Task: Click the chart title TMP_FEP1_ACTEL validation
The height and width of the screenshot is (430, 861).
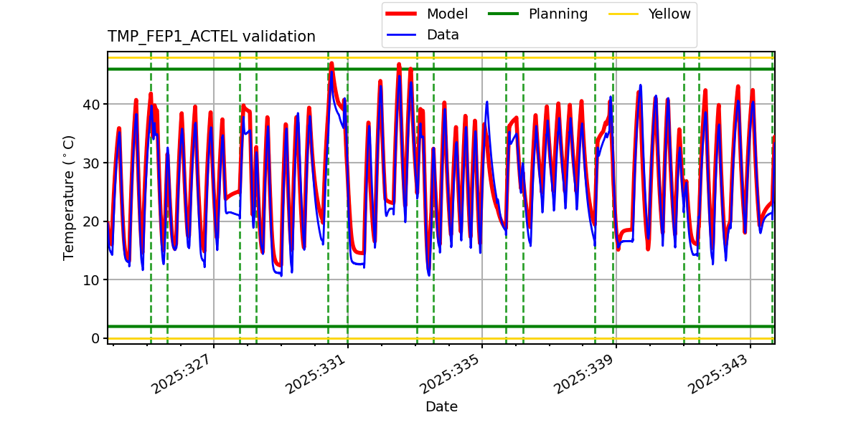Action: pyautogui.click(x=211, y=37)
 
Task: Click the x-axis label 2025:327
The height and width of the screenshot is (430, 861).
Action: pyautogui.click(x=182, y=373)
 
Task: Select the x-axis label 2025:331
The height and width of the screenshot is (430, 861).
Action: pyautogui.click(x=316, y=373)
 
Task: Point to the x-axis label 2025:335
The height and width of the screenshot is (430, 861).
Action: pyautogui.click(x=451, y=373)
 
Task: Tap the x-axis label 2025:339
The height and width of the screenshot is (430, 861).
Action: pyautogui.click(x=585, y=373)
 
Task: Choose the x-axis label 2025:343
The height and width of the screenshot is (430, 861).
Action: pyautogui.click(x=719, y=373)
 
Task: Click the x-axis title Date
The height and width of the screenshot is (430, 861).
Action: pyautogui.click(x=441, y=407)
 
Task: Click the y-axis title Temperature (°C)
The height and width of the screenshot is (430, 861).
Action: pyautogui.click(x=69, y=197)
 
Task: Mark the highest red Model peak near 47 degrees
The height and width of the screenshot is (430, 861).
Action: pyautogui.click(x=331, y=64)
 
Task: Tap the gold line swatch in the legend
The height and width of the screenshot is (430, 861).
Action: pyautogui.click(x=624, y=14)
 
